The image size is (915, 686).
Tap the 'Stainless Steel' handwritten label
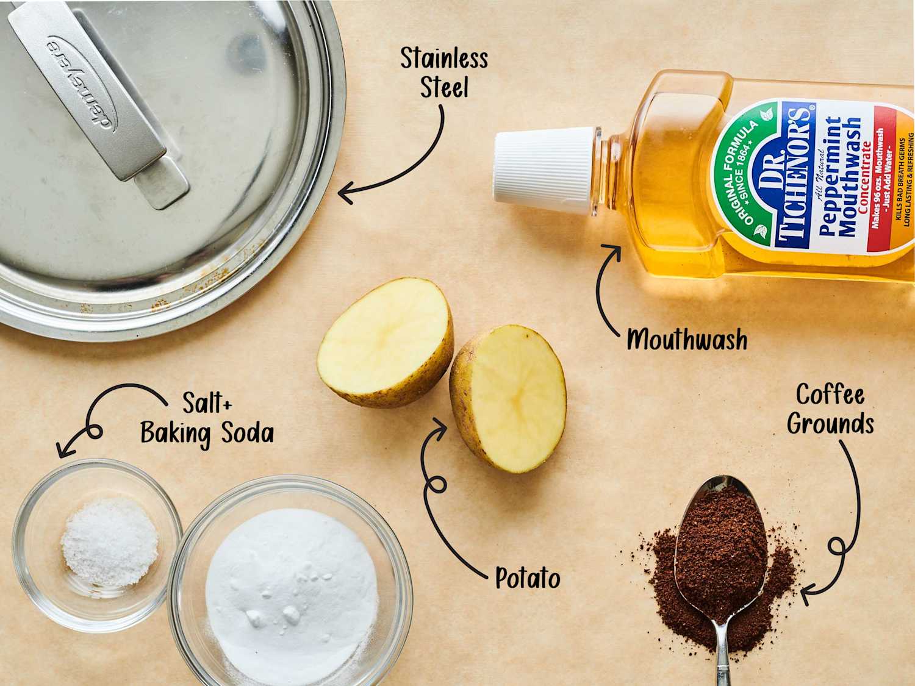tap(444, 73)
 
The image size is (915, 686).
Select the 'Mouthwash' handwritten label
tap(687, 340)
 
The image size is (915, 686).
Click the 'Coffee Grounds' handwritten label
tap(830, 409)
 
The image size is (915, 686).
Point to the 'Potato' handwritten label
tap(528, 577)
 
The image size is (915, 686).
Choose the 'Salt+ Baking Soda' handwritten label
tap(207, 419)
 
